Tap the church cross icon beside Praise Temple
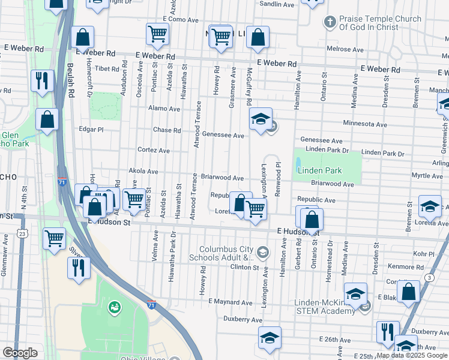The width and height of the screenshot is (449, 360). (x=329, y=23)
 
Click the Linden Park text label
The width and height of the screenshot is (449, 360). (x=320, y=171)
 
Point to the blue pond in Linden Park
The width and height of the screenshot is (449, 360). (x=298, y=163)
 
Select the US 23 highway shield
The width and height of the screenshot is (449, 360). (x=22, y=232)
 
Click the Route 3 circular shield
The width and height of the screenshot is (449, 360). (x=429, y=277)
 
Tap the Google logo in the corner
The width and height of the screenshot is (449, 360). (x=20, y=353)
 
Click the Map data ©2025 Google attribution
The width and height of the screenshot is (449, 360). (x=412, y=355)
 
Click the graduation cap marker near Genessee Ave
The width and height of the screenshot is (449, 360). (x=261, y=120)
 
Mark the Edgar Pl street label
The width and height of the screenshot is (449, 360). (x=91, y=129)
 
